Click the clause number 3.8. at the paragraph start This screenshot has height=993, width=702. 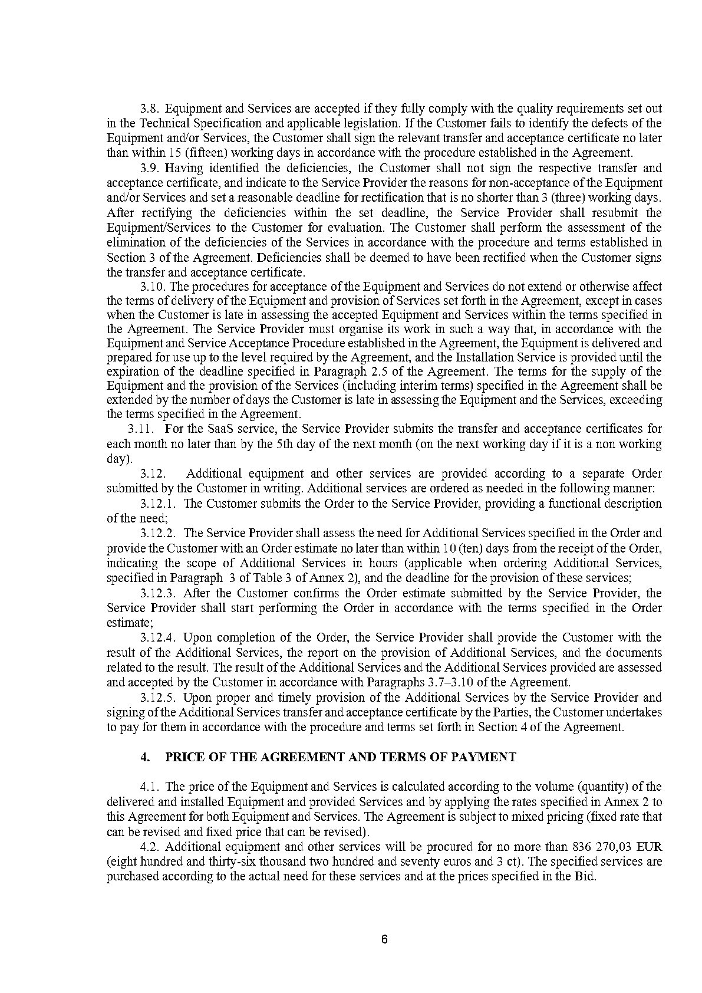tap(150, 109)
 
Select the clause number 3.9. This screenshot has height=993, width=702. tap(150, 168)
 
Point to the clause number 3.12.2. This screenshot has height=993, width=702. tap(159, 533)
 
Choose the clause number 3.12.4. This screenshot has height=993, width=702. tap(159, 637)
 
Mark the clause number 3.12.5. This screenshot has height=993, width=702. tap(159, 698)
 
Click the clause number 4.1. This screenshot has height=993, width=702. tap(150, 787)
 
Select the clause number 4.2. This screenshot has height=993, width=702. tap(150, 847)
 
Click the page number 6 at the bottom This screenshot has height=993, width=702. tap(384, 940)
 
